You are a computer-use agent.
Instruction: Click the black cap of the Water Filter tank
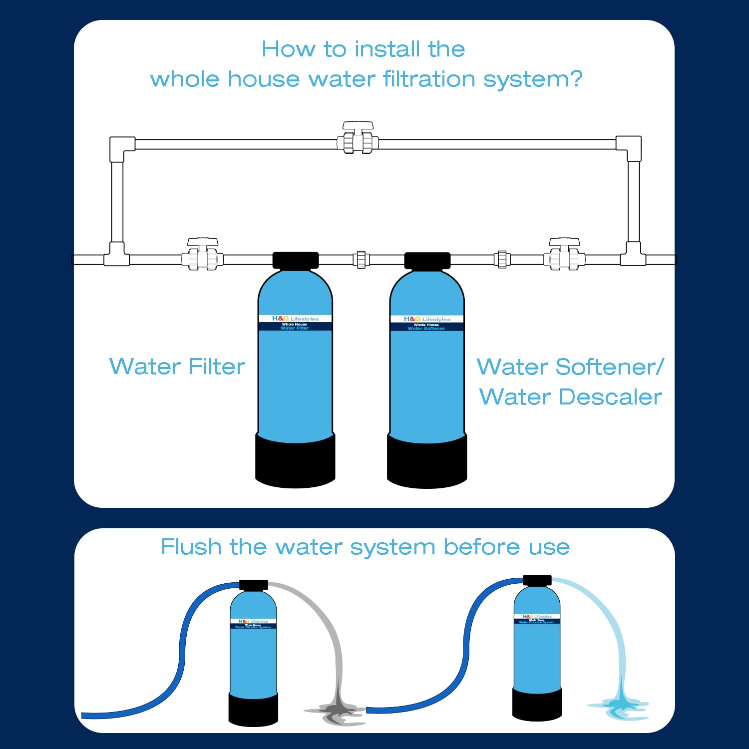[x=296, y=260]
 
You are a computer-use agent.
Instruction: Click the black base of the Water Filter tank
[x=295, y=462]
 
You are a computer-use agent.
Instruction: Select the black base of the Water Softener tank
[x=427, y=462]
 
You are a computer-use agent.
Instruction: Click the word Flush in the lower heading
[x=191, y=547]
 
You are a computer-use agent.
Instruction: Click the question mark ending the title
[x=576, y=79]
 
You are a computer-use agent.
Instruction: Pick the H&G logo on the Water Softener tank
[x=412, y=319]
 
